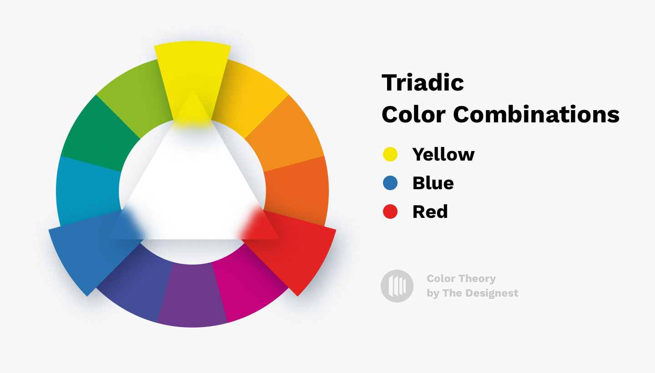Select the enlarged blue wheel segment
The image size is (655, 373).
click(86, 250)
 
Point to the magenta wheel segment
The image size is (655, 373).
click(248, 287)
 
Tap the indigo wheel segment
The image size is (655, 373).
click(136, 287)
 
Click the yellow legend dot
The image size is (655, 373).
click(390, 155)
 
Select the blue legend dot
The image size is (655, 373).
click(390, 183)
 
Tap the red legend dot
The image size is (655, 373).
click(390, 212)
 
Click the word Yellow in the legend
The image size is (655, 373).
click(443, 155)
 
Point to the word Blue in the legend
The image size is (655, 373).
click(433, 183)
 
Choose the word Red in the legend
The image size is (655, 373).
click(430, 212)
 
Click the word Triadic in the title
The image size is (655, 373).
click(423, 83)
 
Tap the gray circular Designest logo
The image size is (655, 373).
click(397, 286)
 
